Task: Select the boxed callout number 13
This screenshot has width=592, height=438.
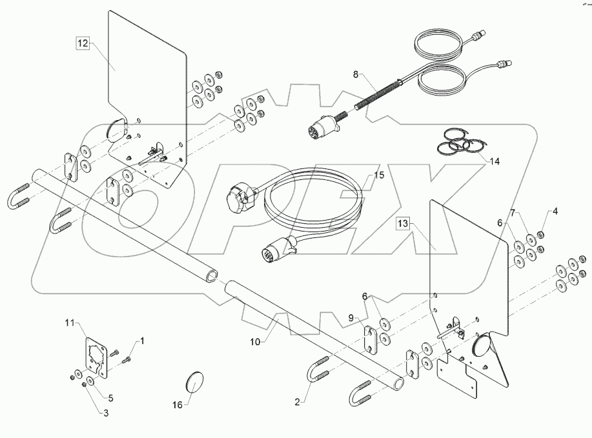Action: [x=403, y=224]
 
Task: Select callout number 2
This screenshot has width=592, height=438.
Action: [x=297, y=401]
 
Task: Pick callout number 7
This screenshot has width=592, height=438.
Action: [x=513, y=212]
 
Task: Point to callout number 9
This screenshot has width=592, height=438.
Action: [x=351, y=317]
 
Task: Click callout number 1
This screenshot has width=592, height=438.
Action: [x=142, y=340]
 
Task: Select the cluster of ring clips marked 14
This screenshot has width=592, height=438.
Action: [x=464, y=143]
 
